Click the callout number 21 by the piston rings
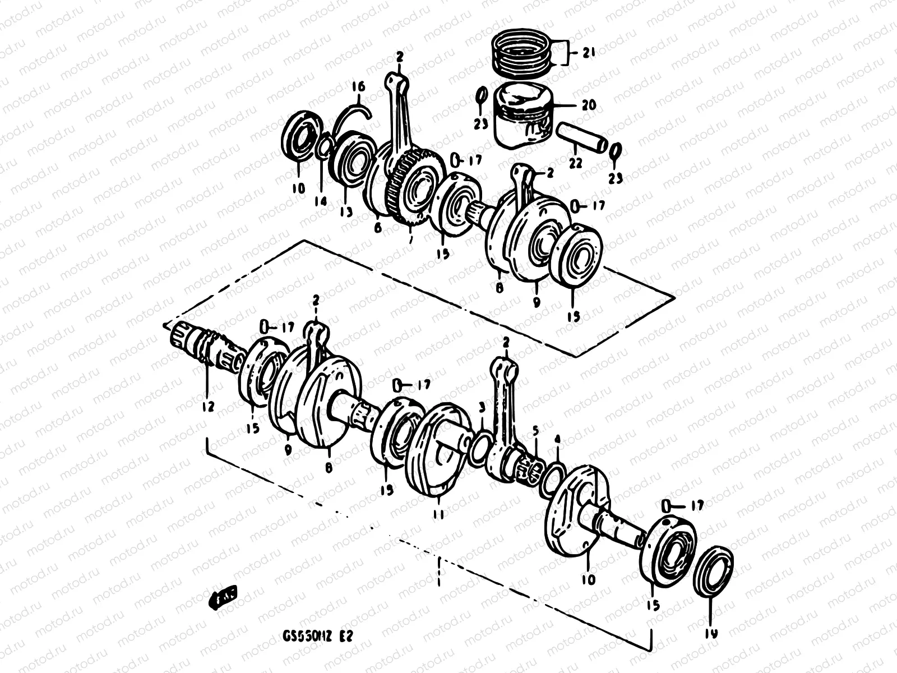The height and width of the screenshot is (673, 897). (588, 53)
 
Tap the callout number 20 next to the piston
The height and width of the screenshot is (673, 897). (589, 105)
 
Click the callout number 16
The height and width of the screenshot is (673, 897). (358, 86)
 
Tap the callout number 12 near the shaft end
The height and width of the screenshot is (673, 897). (208, 406)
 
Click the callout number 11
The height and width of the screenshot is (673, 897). (438, 514)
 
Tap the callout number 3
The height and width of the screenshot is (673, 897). (481, 406)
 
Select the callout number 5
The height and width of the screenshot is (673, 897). (535, 431)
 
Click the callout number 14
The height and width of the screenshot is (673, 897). (320, 200)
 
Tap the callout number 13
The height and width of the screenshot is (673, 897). (346, 211)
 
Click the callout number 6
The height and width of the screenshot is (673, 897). (377, 227)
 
